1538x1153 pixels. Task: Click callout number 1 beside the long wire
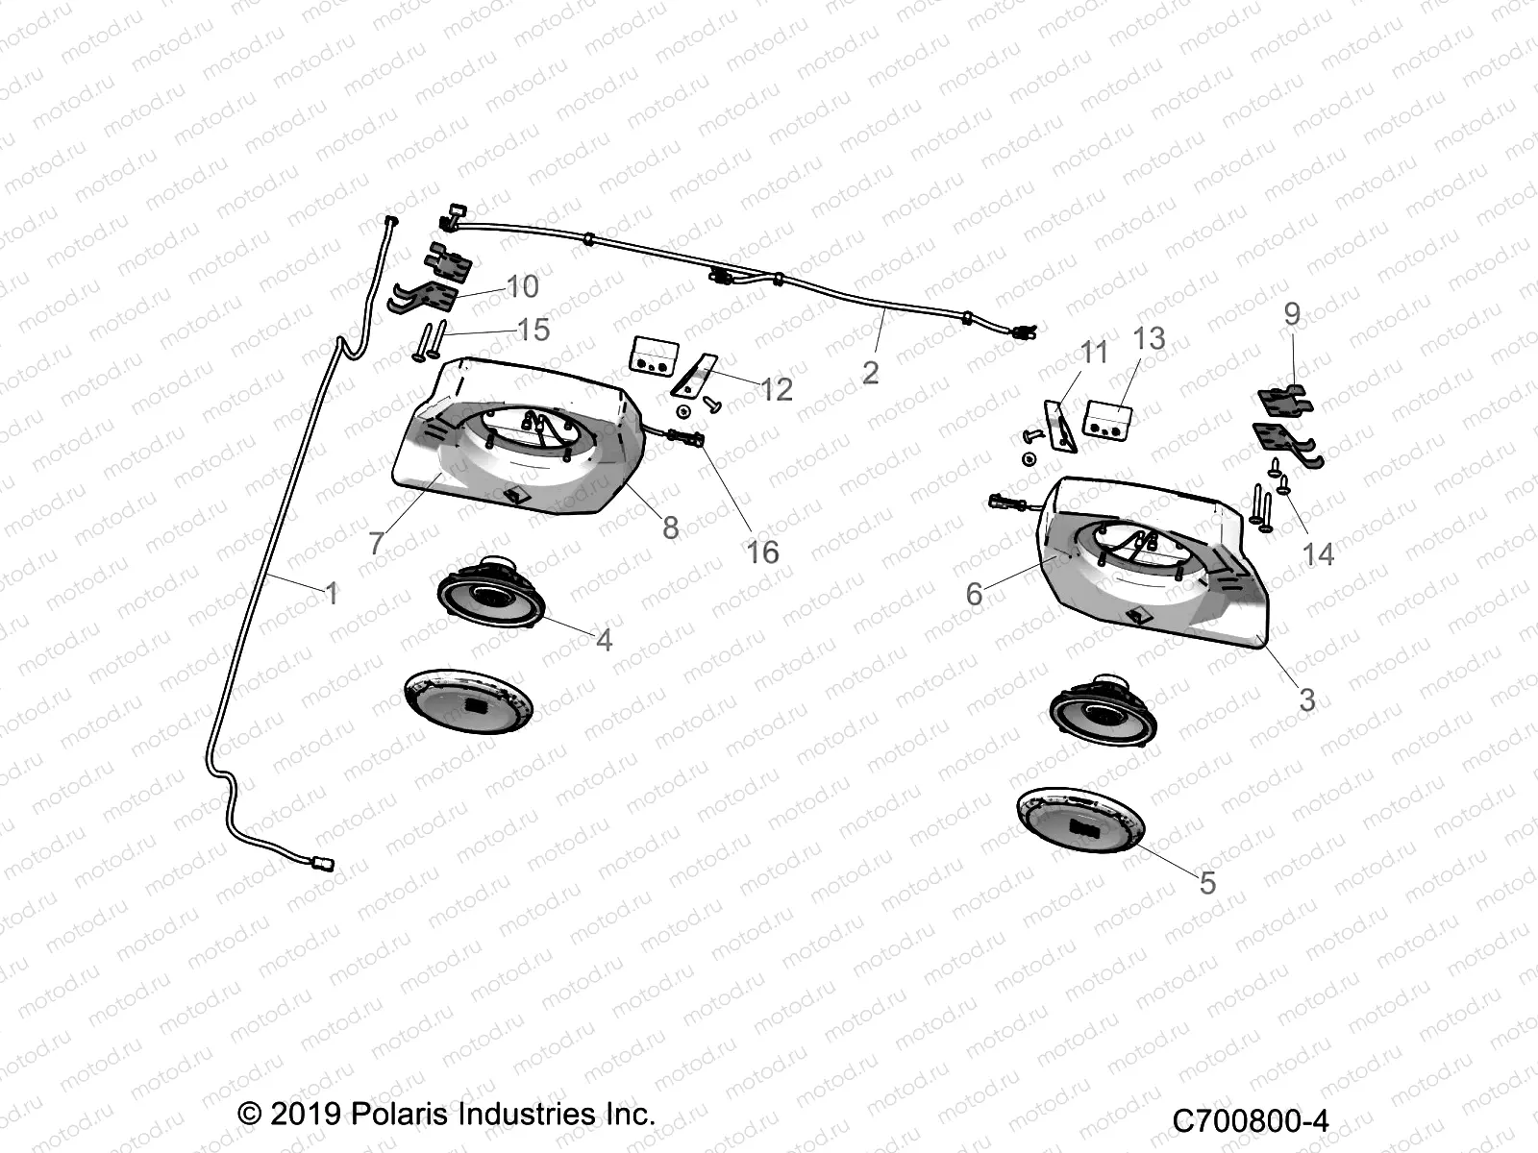click(332, 594)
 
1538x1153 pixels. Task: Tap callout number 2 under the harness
click(870, 373)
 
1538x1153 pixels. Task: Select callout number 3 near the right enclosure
click(1306, 699)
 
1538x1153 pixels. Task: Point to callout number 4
click(604, 640)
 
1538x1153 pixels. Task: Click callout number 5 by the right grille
click(1207, 882)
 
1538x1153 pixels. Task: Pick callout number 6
click(974, 594)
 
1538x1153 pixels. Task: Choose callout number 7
click(376, 544)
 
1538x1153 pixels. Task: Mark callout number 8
click(670, 527)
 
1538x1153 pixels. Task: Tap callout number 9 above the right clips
click(1292, 314)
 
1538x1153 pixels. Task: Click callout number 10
click(522, 286)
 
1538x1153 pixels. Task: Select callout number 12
click(777, 389)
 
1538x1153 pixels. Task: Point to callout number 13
click(1149, 338)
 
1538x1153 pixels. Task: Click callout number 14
click(1318, 553)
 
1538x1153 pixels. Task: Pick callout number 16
click(762, 552)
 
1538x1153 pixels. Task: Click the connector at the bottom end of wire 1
click(325, 863)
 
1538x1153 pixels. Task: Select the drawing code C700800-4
click(1250, 1120)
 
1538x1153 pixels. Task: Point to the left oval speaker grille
click(468, 700)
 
